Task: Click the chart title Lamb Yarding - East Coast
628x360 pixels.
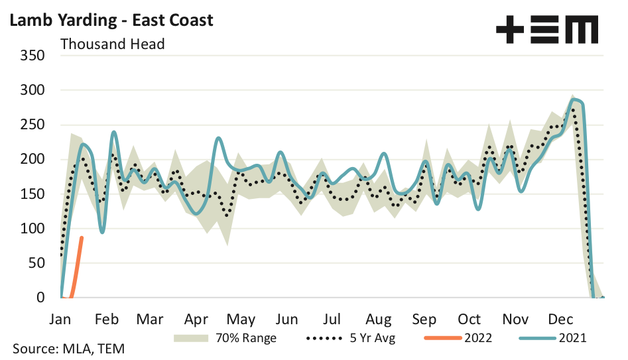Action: (x=111, y=20)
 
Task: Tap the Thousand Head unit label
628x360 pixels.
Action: (x=112, y=44)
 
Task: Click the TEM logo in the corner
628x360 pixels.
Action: (x=547, y=30)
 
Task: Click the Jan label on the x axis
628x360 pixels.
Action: (x=60, y=319)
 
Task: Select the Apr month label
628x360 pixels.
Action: (x=197, y=319)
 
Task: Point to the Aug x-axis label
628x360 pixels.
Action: (x=379, y=319)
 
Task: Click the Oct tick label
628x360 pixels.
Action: (x=470, y=319)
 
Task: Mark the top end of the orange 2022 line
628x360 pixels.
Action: (x=82, y=237)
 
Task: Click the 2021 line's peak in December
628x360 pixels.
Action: (x=574, y=99)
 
